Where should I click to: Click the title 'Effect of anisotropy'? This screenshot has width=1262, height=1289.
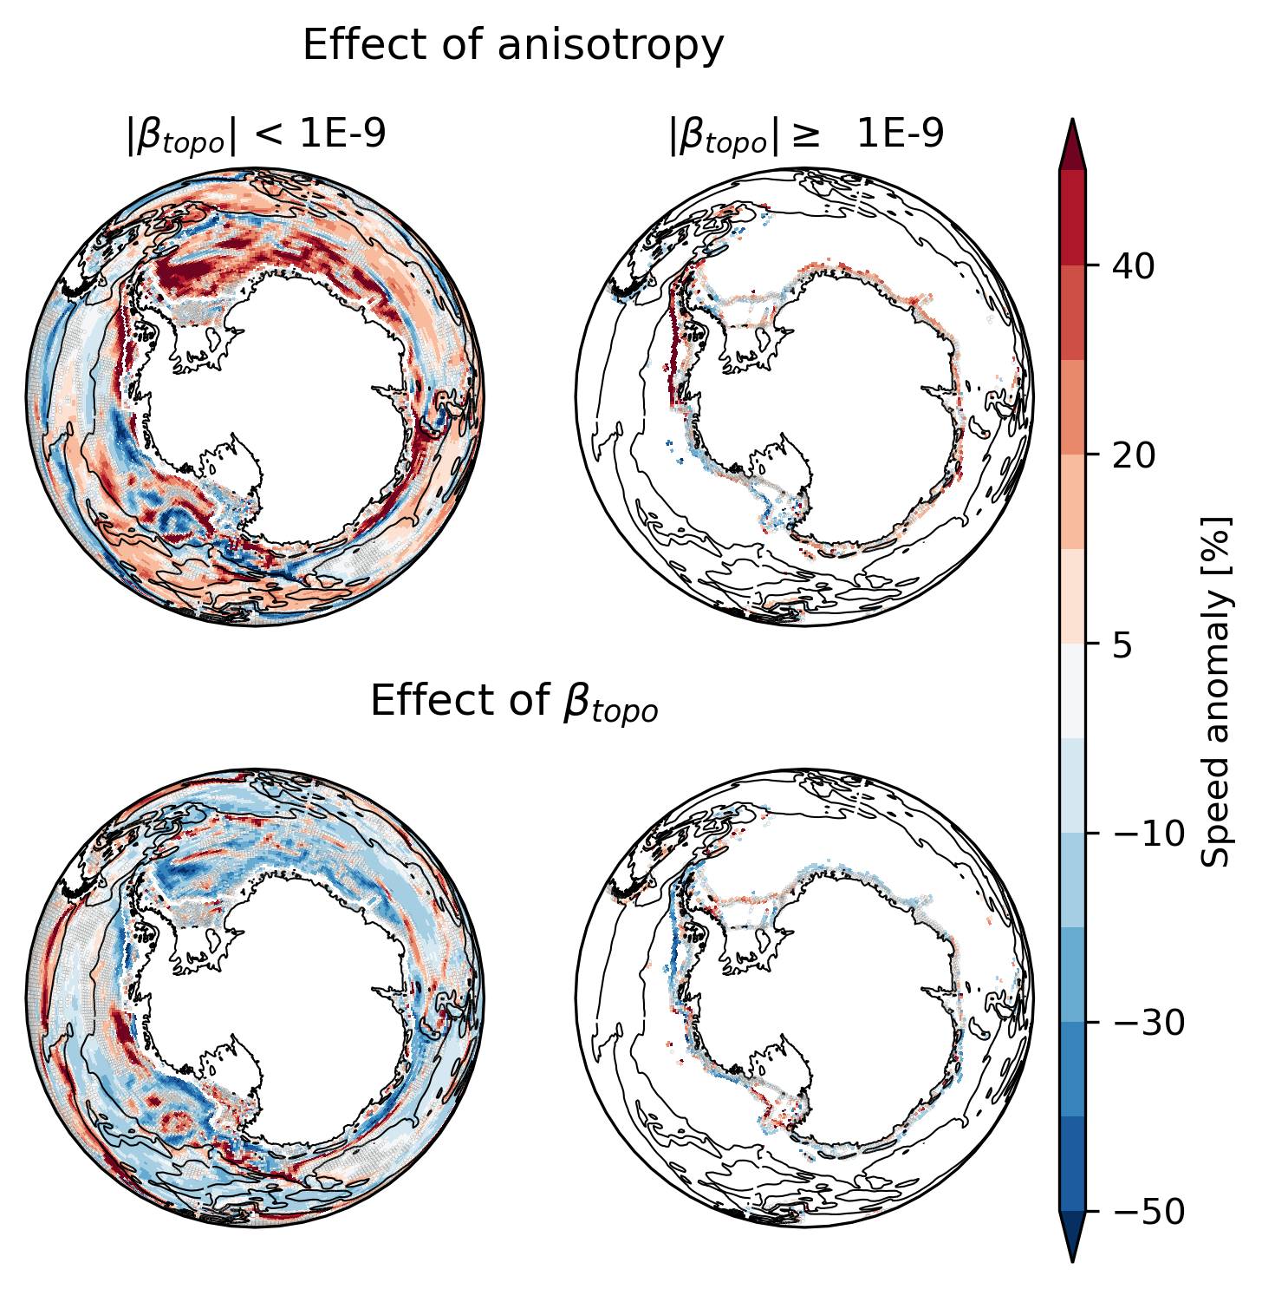[x=512, y=45]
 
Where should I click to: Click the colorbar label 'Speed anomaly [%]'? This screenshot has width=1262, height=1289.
[x=1217, y=690]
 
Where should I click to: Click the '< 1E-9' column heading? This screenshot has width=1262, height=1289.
[x=256, y=135]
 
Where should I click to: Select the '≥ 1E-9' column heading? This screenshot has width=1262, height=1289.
[x=805, y=135]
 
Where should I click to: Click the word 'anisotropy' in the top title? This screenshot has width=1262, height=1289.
[x=610, y=45]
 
